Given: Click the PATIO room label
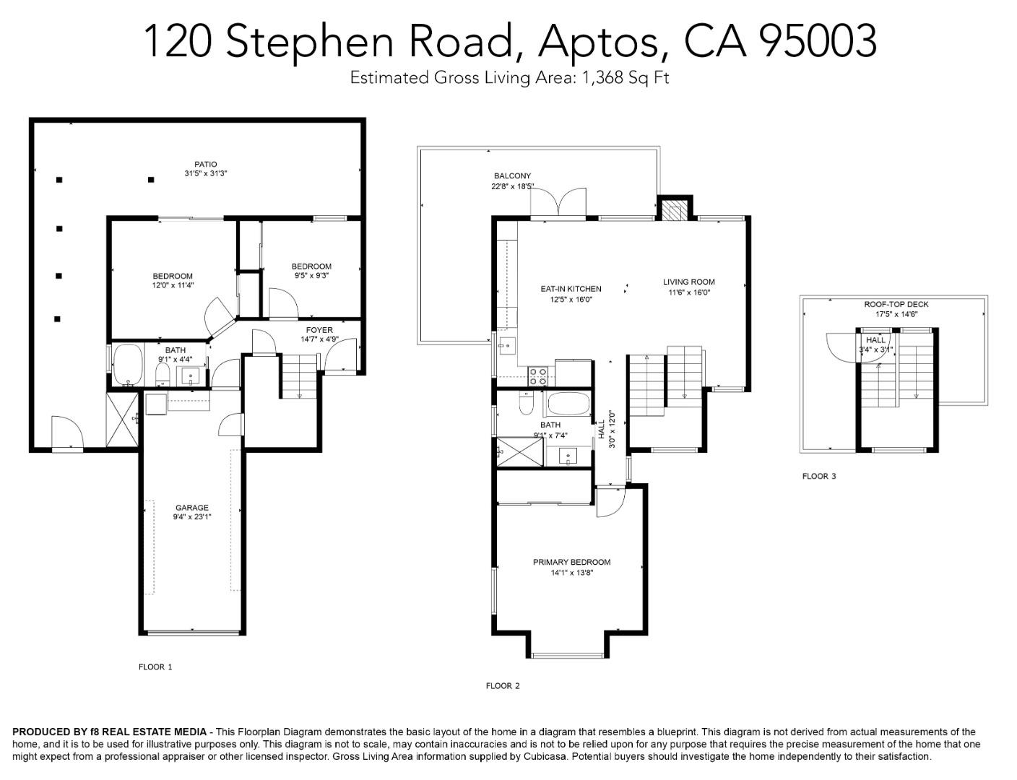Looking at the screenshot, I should coord(205,164).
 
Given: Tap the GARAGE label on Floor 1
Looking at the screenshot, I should coord(191,508).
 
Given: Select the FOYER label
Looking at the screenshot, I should coord(319,330).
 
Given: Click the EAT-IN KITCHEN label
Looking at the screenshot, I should coord(571,289).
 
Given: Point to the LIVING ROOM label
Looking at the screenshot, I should coord(689,282).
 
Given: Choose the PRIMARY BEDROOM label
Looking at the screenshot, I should coord(571,563).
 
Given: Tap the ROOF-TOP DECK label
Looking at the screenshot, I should coord(896,305).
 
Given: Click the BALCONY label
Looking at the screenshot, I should coord(512,176).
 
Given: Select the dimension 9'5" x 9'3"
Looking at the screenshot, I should coord(311,275).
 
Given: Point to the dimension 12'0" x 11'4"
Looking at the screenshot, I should coord(173,285).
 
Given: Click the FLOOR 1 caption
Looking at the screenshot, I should coord(155,667).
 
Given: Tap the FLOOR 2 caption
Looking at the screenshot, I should coord(503,686).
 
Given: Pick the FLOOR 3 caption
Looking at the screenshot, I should coord(819,477).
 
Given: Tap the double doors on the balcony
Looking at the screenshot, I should coord(558,204).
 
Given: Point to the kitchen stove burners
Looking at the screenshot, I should coord(538,375).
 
